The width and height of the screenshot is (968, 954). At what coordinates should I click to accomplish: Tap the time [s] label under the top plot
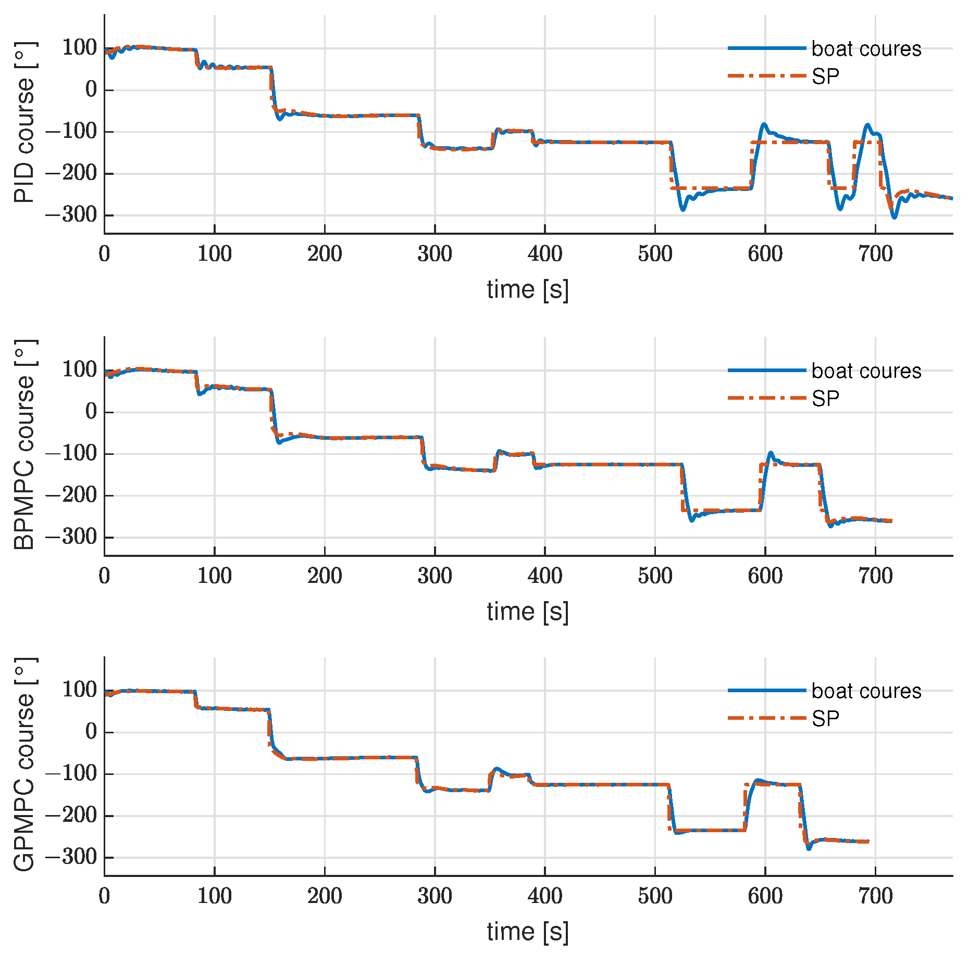coord(527,289)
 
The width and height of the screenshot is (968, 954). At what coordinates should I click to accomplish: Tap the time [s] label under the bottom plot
coord(527,932)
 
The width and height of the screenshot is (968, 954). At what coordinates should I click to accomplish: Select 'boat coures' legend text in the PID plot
coord(866,49)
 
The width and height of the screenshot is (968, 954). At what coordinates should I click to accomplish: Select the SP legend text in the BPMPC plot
coord(825,399)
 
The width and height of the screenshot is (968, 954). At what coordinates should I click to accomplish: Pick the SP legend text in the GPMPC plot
coord(825,719)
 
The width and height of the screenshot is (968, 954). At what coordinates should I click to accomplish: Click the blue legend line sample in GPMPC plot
coord(766,690)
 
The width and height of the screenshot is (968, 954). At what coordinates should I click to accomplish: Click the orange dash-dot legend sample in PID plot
coord(766,76)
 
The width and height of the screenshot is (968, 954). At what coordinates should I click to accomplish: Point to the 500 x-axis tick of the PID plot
coord(655,254)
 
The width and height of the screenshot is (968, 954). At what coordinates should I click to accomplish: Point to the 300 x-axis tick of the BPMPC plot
coord(435,576)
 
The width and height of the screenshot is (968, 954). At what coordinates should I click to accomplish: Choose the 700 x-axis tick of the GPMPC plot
coord(875,896)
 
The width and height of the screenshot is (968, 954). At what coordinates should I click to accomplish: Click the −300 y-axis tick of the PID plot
coord(71,215)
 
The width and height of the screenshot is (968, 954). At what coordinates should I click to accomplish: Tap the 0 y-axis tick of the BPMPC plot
coord(91,412)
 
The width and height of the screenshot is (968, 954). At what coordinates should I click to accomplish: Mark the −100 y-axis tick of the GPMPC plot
coord(71,773)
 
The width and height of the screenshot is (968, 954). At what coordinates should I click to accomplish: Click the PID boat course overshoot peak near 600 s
coord(764,124)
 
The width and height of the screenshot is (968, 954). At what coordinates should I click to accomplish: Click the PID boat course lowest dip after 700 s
coord(894,217)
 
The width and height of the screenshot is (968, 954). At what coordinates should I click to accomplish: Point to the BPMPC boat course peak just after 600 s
coord(771,453)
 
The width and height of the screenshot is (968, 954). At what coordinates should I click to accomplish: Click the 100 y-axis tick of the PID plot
coord(80,48)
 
